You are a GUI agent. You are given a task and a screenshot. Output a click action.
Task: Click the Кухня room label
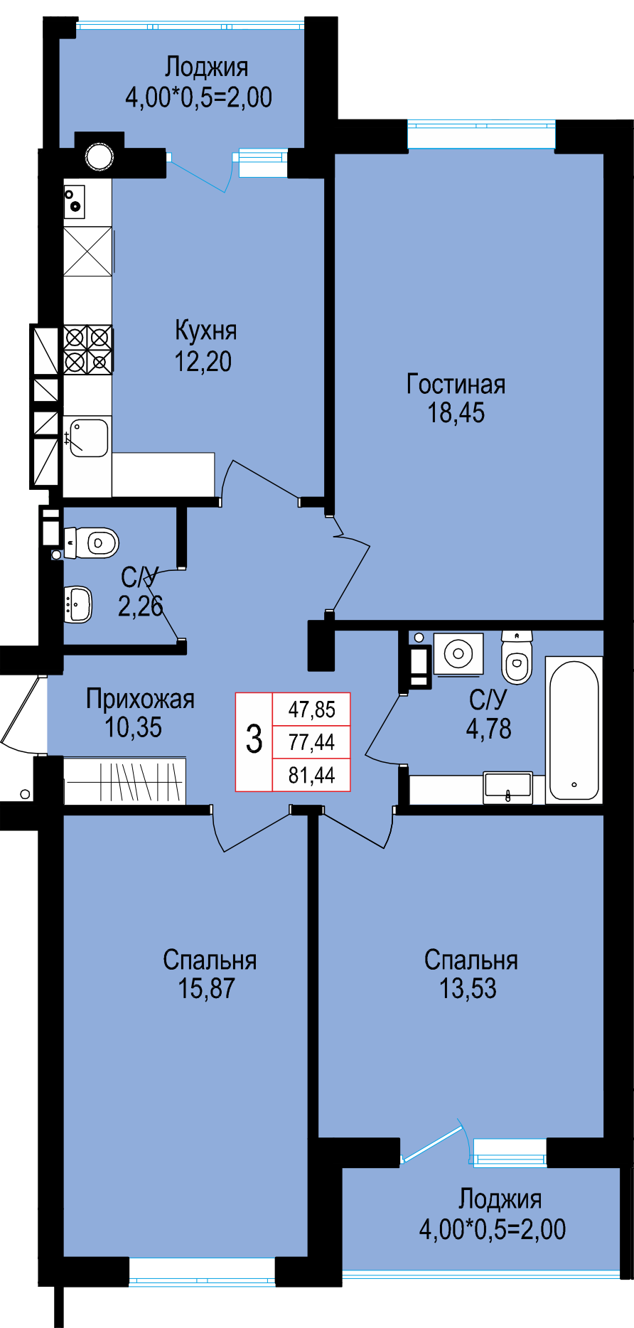(205, 331)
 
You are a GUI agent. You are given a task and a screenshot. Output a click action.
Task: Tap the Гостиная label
(456, 384)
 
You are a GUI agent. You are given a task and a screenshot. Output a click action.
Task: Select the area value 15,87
(206, 988)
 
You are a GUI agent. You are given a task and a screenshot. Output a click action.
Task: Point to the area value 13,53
(468, 988)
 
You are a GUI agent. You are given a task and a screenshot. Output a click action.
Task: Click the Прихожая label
(140, 699)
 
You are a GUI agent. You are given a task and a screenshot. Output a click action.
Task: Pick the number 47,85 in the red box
(311, 709)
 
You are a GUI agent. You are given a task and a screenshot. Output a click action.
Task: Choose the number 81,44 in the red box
(311, 774)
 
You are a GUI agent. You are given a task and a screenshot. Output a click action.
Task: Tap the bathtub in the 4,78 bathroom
(574, 730)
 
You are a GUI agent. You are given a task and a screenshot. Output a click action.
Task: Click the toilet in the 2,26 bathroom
(91, 543)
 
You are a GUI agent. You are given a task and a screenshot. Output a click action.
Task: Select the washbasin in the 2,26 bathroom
(77, 604)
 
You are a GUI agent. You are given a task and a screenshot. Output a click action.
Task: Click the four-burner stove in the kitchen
(88, 349)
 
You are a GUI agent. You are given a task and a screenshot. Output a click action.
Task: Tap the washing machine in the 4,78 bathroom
(458, 653)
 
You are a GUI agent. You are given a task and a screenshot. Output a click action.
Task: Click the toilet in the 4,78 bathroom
(517, 658)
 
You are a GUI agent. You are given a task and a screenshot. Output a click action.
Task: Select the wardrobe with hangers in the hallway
(125, 781)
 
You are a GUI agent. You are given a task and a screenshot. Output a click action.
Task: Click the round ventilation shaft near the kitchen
(100, 157)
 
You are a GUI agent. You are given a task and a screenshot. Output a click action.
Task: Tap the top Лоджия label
(206, 68)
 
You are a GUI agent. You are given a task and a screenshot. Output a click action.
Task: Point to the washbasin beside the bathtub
(507, 788)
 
